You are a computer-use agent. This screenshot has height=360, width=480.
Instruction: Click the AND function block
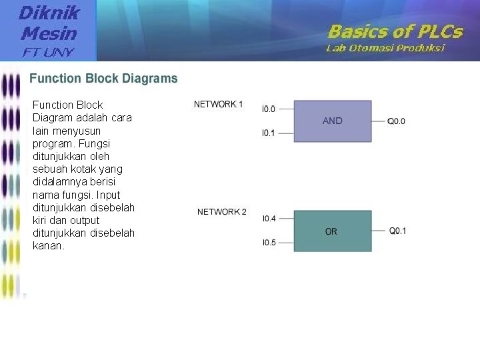point(332,121)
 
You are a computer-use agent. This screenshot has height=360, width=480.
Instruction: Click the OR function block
point(332,231)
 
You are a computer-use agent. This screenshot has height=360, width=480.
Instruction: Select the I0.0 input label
point(268,109)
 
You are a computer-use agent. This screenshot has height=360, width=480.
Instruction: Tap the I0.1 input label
point(268,133)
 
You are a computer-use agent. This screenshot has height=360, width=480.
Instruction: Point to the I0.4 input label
point(269,219)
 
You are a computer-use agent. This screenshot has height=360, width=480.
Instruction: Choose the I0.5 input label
point(269,243)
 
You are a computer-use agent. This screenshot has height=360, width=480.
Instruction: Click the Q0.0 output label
point(397,121)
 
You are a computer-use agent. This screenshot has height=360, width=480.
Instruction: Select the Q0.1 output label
point(398,231)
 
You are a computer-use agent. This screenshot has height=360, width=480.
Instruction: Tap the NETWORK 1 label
point(219,104)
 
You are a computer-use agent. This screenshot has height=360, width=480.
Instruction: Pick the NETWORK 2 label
point(222,212)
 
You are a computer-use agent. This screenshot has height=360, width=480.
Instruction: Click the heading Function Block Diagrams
point(103,79)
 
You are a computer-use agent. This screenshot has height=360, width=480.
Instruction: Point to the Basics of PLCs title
point(395,31)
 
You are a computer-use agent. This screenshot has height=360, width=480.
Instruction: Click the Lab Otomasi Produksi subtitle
point(385,48)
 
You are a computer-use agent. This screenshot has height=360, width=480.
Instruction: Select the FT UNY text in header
point(49,52)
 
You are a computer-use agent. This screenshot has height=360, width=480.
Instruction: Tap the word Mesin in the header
point(49,33)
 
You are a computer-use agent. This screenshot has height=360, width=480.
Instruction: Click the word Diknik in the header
point(49,12)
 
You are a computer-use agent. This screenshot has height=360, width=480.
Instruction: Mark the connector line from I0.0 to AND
point(285,109)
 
